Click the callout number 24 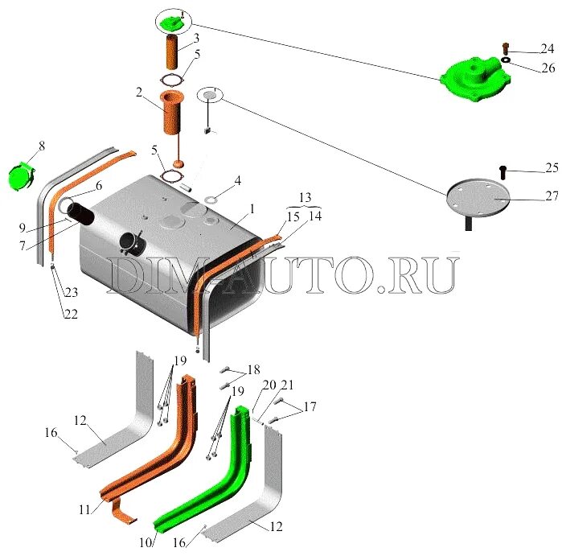click(x=547, y=49)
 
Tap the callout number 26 click(x=548, y=68)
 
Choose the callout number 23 click(x=72, y=293)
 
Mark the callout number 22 click(x=72, y=315)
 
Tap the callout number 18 click(x=253, y=369)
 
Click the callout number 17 click(x=310, y=407)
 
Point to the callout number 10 click(x=146, y=542)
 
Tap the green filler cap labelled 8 click(x=23, y=175)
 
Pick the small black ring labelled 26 click(x=507, y=60)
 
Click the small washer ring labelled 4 click(x=211, y=198)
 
